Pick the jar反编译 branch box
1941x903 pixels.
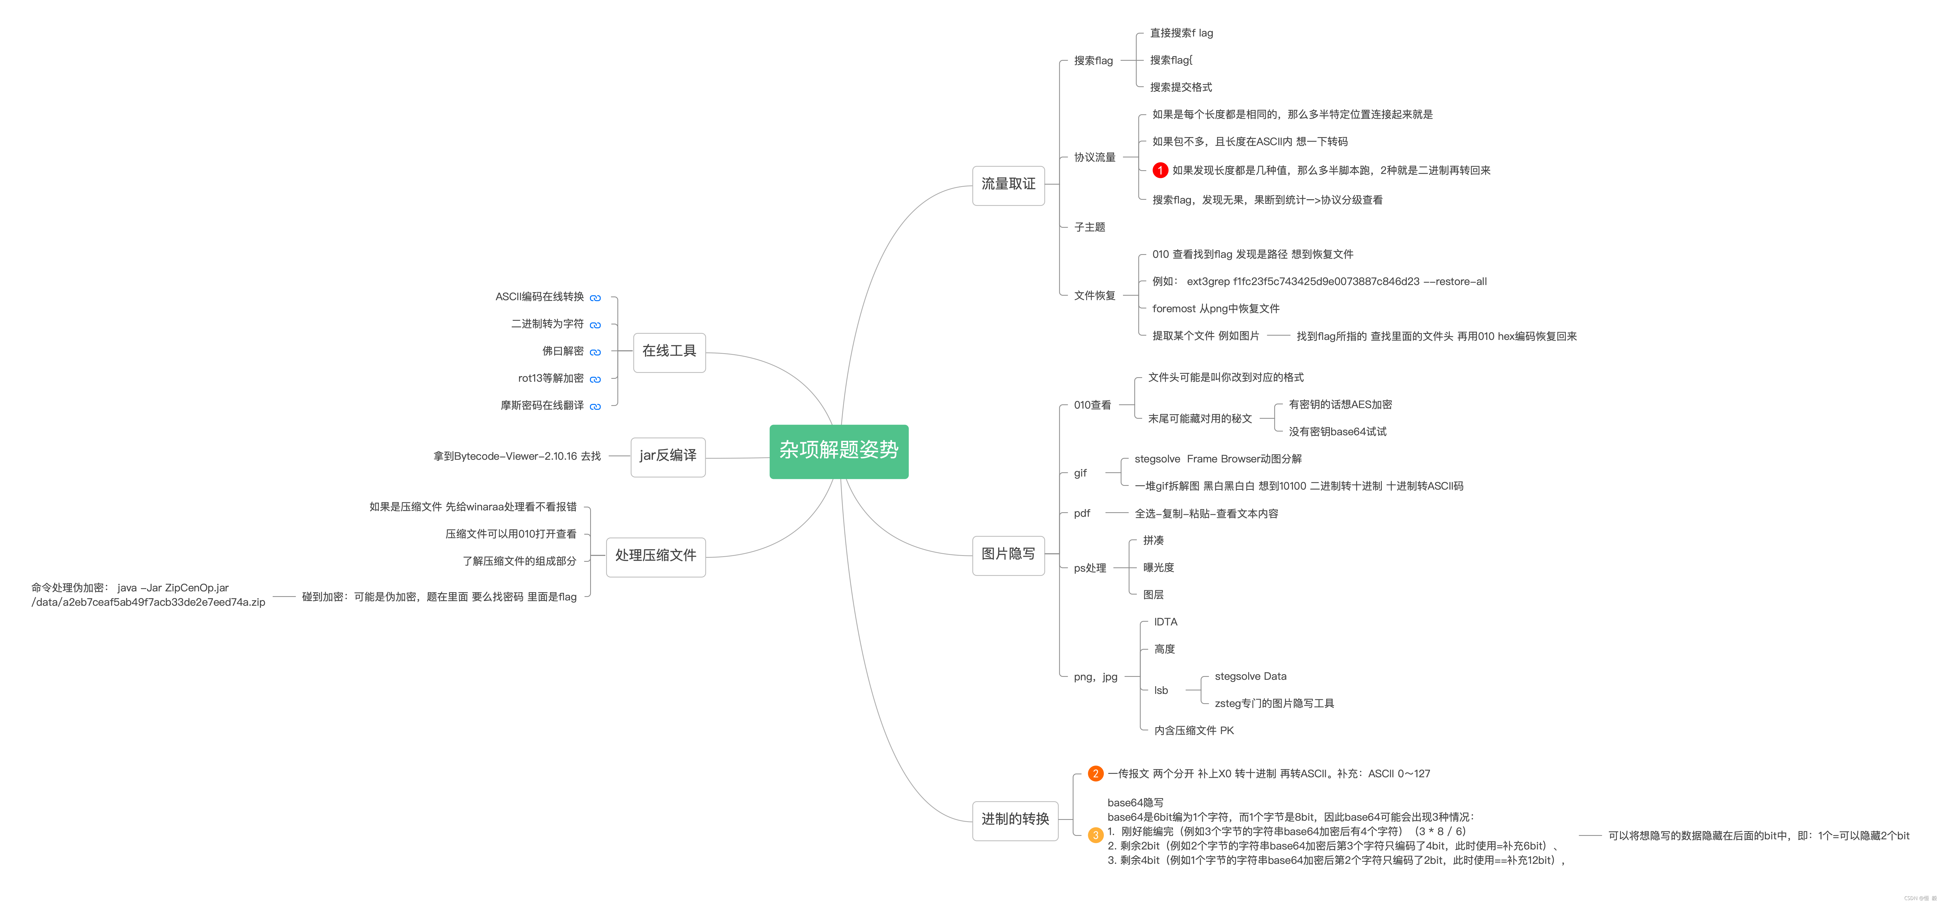coord(668,456)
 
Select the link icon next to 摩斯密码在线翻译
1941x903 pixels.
coord(595,407)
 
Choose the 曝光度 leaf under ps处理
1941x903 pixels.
coord(1158,568)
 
